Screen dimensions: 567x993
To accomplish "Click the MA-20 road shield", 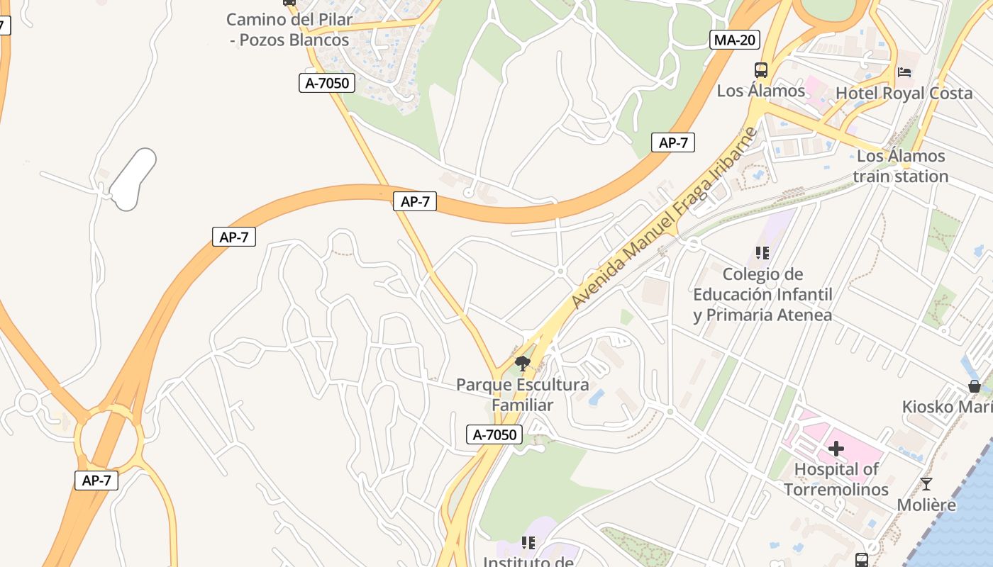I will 734,40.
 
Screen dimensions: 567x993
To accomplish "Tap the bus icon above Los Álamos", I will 761,70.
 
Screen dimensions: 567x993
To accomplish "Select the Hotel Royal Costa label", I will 904,93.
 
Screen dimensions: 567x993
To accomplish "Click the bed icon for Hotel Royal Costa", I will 904,72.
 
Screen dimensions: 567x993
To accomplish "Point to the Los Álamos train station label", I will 901,166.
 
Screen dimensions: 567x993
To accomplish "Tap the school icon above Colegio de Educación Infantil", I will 762,253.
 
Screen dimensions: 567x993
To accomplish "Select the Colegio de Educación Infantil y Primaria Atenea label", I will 762,294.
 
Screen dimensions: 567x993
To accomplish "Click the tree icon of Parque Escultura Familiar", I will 523,364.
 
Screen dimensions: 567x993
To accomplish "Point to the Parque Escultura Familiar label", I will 522,395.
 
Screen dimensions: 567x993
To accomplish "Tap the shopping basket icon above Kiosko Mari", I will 975,386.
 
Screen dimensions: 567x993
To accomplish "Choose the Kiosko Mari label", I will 947,407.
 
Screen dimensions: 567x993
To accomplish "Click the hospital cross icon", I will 836,448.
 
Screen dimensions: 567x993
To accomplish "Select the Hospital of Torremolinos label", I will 836,479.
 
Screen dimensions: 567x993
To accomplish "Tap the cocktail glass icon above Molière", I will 926,484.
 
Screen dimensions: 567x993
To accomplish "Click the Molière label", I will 926,505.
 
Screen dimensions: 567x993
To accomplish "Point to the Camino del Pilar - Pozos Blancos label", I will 289,30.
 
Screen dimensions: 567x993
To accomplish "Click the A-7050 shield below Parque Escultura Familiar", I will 494,434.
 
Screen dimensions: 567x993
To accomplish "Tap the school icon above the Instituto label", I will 528,543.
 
